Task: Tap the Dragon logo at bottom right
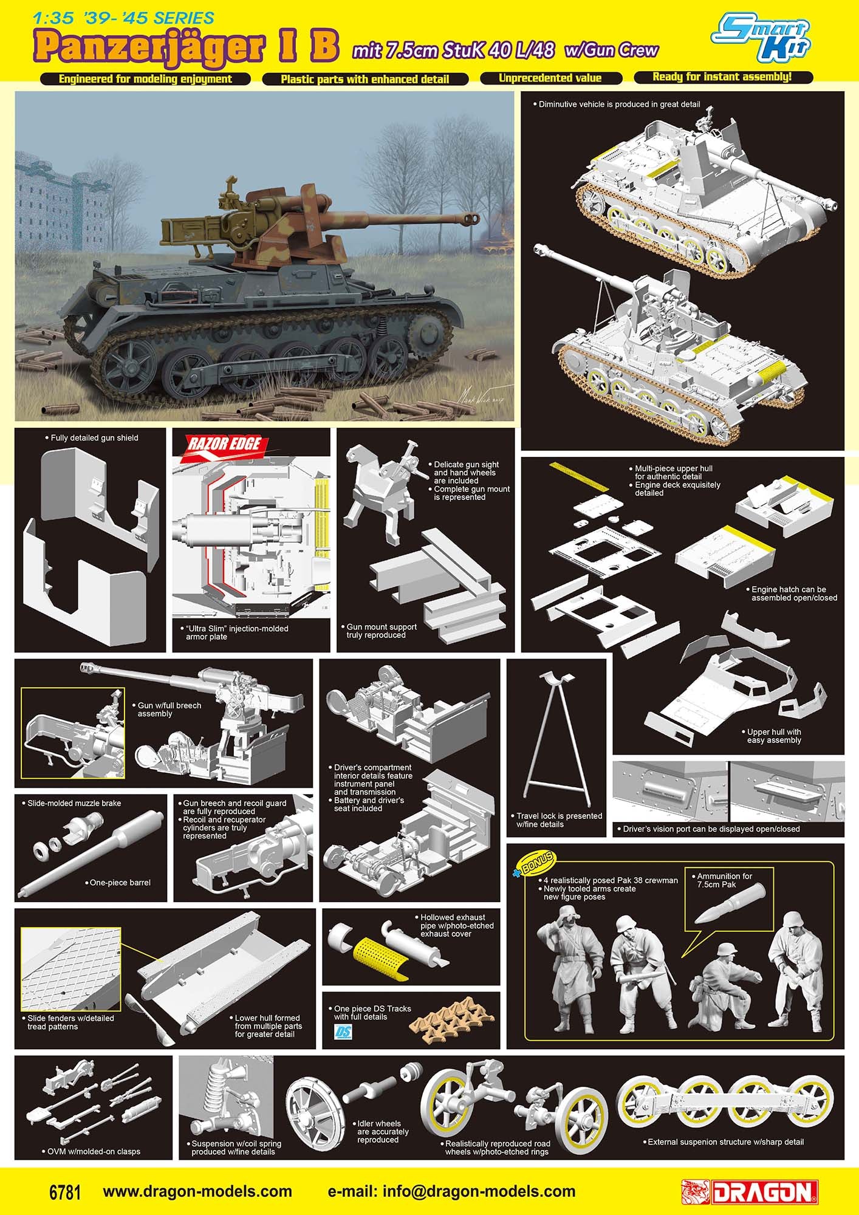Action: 750,1192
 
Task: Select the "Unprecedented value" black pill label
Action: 550,78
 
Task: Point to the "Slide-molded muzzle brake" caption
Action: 74,803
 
